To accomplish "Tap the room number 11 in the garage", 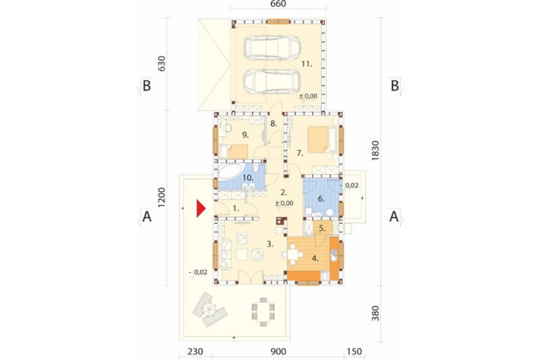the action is click(307, 64).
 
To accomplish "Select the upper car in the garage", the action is click(272, 48).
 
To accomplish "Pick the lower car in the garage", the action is click(272, 82).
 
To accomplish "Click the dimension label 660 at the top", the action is click(278, 4).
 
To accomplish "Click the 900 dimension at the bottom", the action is click(278, 351).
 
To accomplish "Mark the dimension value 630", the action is click(162, 63).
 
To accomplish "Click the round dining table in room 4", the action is click(293, 255).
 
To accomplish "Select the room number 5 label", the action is click(322, 228).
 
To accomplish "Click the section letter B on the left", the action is click(147, 85).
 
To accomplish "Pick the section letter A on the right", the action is click(394, 217).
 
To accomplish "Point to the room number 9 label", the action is click(245, 135).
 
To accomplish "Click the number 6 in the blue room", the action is click(321, 199).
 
